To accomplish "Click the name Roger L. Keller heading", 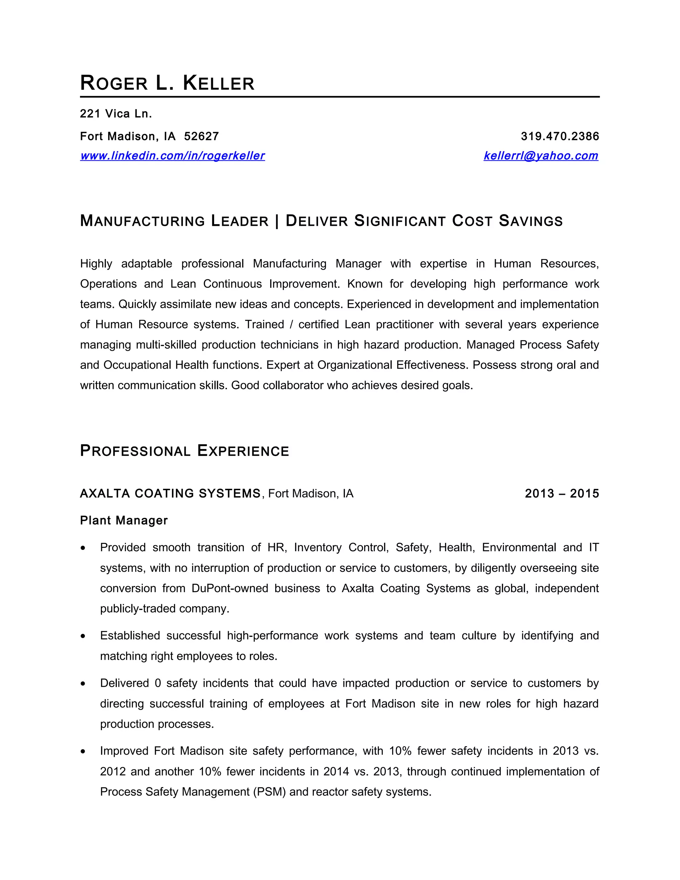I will (x=167, y=83).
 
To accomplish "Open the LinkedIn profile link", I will (x=172, y=156).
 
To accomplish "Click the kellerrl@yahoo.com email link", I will (x=541, y=156).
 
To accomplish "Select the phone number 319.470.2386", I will (x=559, y=136).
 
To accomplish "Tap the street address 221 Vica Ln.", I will (x=116, y=114).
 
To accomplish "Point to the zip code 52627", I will (x=202, y=136).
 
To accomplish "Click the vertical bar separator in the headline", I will (x=277, y=221).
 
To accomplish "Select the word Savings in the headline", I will (x=531, y=221).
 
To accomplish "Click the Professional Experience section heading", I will (x=185, y=451).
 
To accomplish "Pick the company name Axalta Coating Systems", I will (x=170, y=493).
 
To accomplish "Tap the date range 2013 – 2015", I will (x=561, y=493).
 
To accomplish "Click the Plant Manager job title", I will (x=124, y=521).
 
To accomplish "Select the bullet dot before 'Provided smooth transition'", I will (x=83, y=548).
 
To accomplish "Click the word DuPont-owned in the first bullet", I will (x=230, y=589).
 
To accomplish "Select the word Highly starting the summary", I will (x=96, y=264).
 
